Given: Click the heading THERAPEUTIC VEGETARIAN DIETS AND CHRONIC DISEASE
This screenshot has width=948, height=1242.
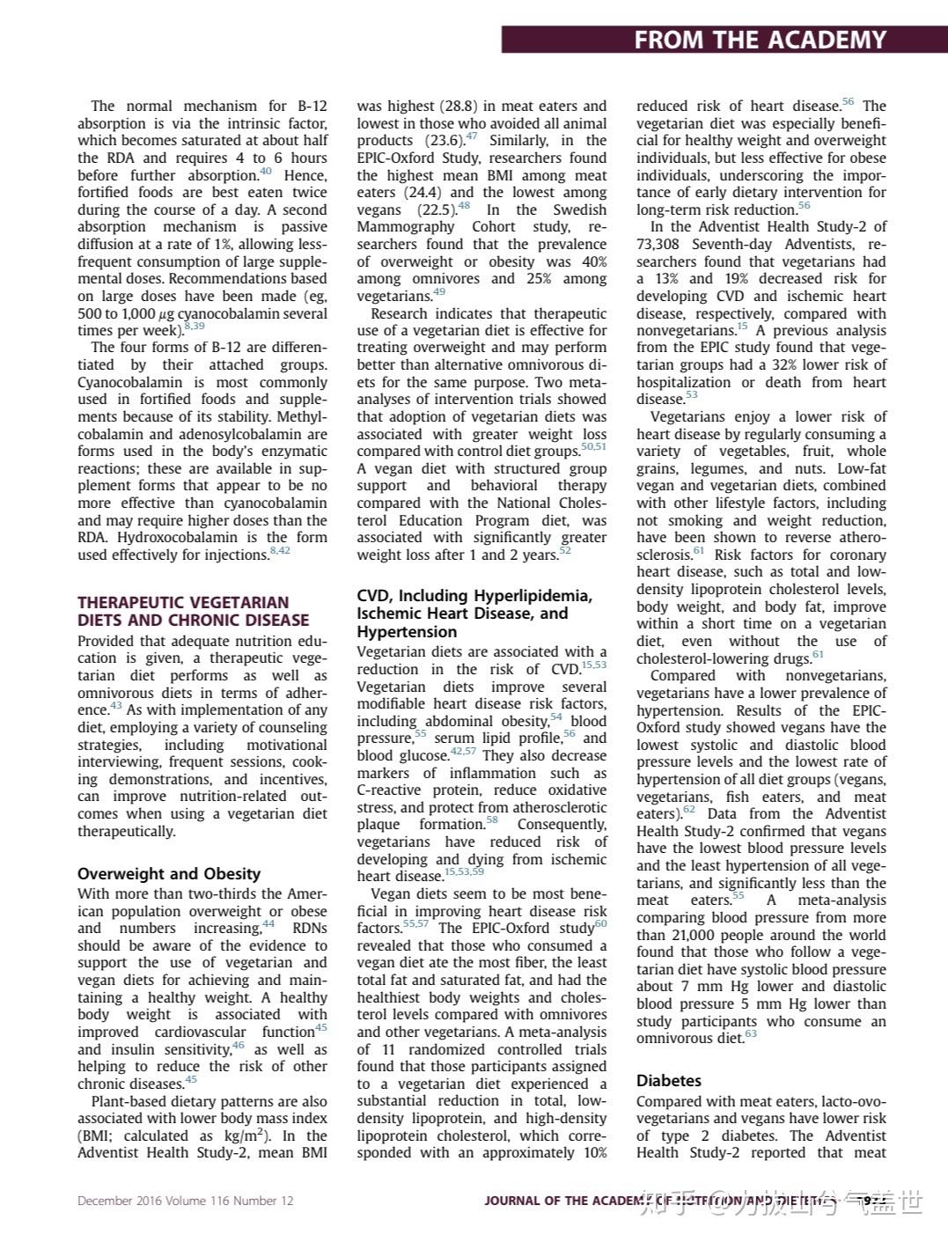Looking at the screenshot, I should [x=193, y=611].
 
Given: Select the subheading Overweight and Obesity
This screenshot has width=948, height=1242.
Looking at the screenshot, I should [x=169, y=873].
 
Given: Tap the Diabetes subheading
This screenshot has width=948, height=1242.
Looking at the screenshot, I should [x=669, y=1080].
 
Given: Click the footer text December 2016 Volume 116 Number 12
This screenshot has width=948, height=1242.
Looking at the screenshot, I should [x=185, y=1201].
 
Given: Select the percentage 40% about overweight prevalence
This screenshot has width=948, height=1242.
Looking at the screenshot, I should [x=593, y=262].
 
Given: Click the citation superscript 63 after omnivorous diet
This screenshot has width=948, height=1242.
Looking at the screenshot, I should [x=751, y=1035].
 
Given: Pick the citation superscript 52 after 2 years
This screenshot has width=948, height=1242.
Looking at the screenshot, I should [x=565, y=551].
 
